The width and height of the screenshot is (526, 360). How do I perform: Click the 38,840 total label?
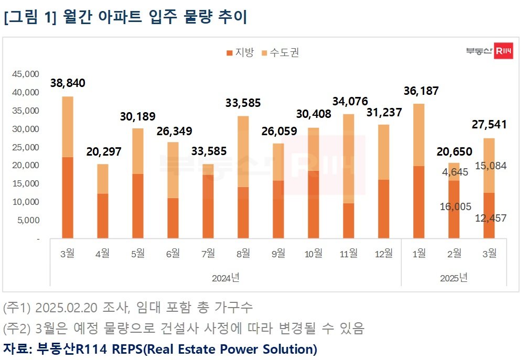(x=68, y=83)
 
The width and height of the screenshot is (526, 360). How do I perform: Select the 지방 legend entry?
(x=240, y=52)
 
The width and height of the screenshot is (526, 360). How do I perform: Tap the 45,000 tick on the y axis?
(x=25, y=74)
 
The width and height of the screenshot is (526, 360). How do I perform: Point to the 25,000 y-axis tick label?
(x=25, y=147)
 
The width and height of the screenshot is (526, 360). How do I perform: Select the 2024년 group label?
(x=226, y=277)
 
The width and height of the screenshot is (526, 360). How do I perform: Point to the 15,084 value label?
(x=489, y=166)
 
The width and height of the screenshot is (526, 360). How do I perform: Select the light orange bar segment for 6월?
(x=173, y=170)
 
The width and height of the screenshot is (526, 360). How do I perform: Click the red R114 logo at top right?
(x=503, y=51)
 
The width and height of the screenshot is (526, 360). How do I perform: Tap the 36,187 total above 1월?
(x=421, y=91)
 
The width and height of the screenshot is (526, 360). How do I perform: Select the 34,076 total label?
(x=350, y=101)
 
